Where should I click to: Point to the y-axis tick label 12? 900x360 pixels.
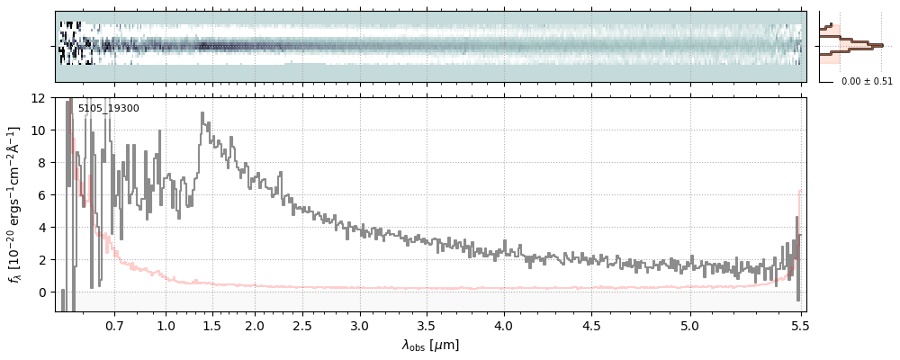[x=38, y=97]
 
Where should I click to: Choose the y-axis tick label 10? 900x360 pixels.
[x=38, y=130]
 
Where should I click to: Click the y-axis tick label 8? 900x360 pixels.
[x=41, y=162]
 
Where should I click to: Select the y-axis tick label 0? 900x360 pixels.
[x=41, y=292]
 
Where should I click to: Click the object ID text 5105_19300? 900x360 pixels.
[x=108, y=109]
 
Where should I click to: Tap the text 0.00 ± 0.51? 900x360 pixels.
[x=867, y=82]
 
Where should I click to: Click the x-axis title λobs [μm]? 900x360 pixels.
[x=430, y=345]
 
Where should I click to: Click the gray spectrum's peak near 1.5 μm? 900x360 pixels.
[x=202, y=113]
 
